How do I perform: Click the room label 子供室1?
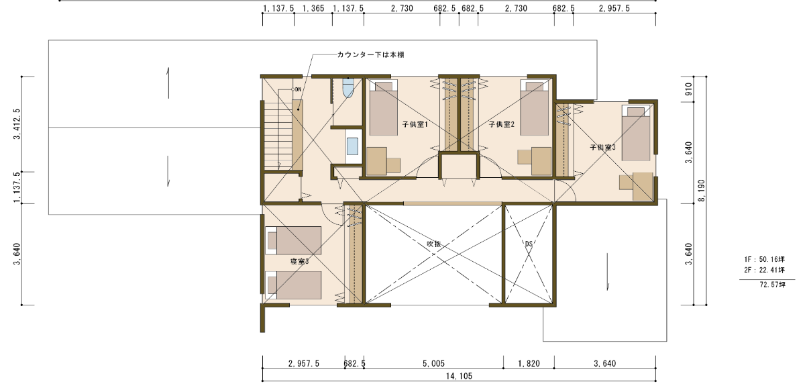tap(415, 125)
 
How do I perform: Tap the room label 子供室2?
tap(501, 124)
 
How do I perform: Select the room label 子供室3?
tap(602, 148)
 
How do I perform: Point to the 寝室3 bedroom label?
tap(299, 261)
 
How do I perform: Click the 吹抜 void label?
tap(433, 244)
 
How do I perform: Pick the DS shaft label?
tap(529, 244)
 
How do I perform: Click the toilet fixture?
tap(348, 87)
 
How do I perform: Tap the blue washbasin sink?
tap(353, 146)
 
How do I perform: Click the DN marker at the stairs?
tap(298, 89)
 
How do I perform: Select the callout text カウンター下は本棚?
tap(370, 54)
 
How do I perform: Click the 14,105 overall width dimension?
tap(459, 377)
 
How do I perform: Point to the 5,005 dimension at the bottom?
tap(433, 364)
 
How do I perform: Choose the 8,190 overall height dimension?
tap(702, 191)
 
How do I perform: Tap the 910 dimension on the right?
tap(688, 89)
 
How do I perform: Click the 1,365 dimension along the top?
tap(313, 8)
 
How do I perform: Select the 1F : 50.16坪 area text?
tap(765, 259)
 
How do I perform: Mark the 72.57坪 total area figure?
tap(773, 285)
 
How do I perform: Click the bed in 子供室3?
tap(636, 133)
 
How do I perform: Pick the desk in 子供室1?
tap(384, 161)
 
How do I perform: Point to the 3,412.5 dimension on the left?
tap(17, 124)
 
